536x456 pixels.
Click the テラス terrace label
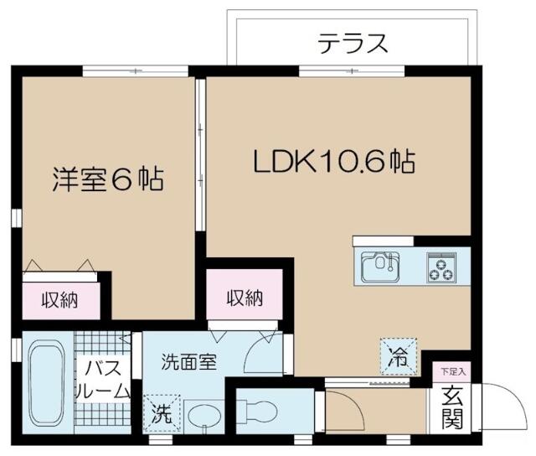(x=353, y=43)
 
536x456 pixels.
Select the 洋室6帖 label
(x=107, y=179)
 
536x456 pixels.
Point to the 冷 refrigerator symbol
(x=397, y=354)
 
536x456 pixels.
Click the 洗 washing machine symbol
(x=160, y=412)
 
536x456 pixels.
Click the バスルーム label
(x=103, y=379)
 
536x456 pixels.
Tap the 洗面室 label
(x=189, y=362)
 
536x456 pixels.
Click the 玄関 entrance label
(x=452, y=406)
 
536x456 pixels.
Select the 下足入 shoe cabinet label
(x=452, y=370)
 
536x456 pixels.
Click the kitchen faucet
(x=387, y=259)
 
